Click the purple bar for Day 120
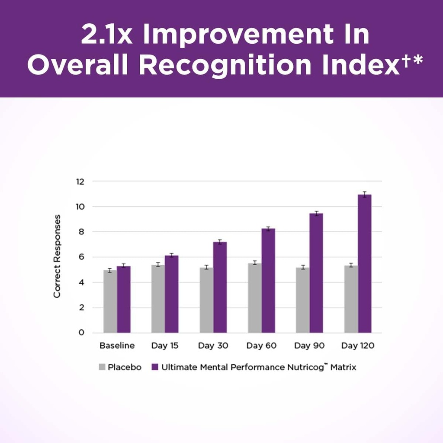[x=364, y=264]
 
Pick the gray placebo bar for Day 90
[x=303, y=300]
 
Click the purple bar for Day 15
[x=171, y=294]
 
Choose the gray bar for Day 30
[x=206, y=300]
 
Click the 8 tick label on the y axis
[x=80, y=232]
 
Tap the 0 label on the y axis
[x=81, y=333]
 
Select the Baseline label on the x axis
[x=117, y=346]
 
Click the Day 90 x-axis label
[x=309, y=346]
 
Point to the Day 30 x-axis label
[x=213, y=346]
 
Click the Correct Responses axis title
[x=57, y=256]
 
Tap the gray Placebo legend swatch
[x=102, y=367]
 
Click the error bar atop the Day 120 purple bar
[x=364, y=194]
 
